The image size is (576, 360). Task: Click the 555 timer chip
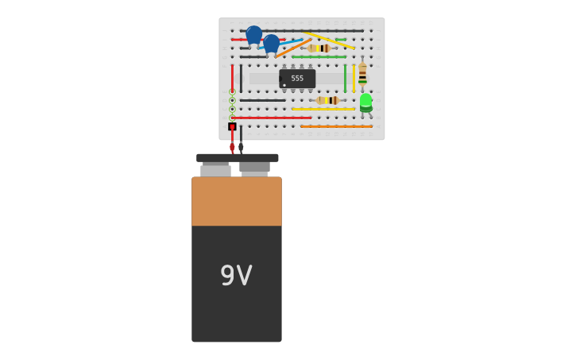click(297, 78)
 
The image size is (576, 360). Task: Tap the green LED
click(365, 101)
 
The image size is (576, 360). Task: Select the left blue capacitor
click(253, 34)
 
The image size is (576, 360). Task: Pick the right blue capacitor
click(272, 43)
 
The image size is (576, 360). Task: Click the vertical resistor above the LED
click(362, 75)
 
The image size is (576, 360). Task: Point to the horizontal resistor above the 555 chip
click(319, 48)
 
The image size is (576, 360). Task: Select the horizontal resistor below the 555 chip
click(327, 101)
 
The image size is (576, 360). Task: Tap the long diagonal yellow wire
click(329, 40)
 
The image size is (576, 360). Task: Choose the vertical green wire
click(345, 79)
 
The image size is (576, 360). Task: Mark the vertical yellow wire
click(354, 79)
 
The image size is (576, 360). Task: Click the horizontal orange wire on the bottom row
click(336, 126)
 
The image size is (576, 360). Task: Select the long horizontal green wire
click(319, 57)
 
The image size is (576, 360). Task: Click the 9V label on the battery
click(236, 276)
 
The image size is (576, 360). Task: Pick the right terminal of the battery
click(255, 168)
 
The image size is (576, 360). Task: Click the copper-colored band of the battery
click(237, 201)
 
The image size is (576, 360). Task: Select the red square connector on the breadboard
click(232, 126)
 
